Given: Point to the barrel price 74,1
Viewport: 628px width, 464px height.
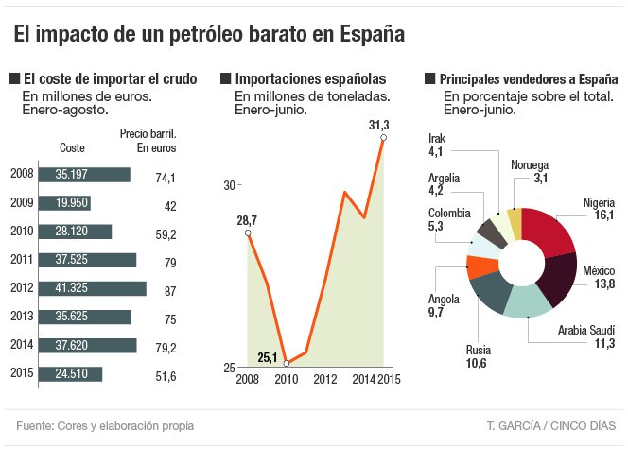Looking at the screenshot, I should [x=166, y=177].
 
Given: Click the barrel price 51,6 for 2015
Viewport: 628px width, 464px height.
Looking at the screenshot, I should [x=166, y=376].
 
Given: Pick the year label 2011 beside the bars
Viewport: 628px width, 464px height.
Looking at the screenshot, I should [x=22, y=260].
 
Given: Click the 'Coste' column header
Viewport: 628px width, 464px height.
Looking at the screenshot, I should [x=72, y=147].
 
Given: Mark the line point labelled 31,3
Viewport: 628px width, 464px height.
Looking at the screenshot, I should [x=383, y=138].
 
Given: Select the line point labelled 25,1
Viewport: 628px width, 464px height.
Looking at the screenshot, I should [x=287, y=363].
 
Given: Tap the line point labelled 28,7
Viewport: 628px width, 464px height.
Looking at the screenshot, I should [x=248, y=232].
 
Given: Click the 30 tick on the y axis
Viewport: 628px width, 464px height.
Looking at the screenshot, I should [x=229, y=185].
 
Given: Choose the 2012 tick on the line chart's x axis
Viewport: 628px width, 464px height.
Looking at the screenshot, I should [x=325, y=379].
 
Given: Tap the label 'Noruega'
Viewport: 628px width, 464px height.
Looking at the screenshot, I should [x=529, y=164].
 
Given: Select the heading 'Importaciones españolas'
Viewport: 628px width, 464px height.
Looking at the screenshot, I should [x=310, y=79].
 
